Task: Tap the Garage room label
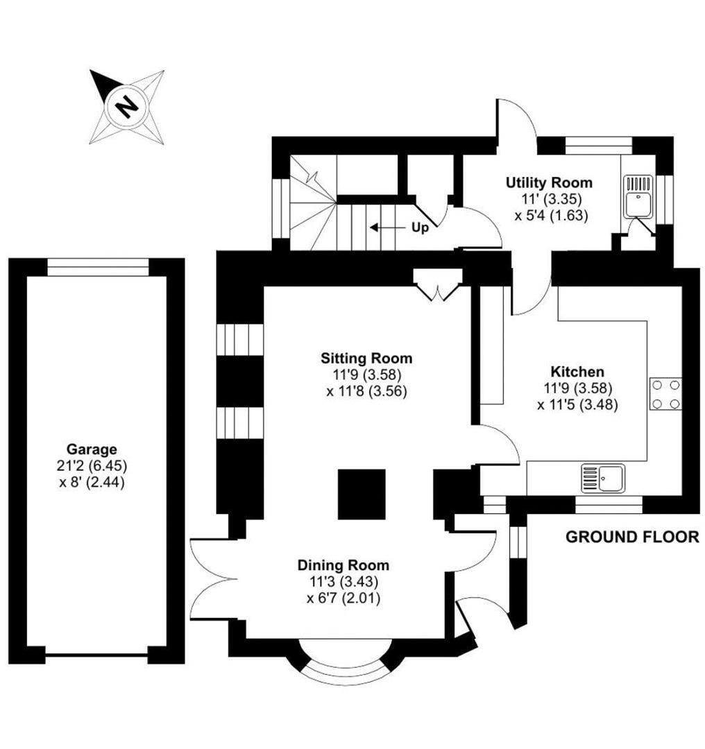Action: pos(92,449)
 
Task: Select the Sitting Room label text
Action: pos(366,359)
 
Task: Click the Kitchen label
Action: pos(577,372)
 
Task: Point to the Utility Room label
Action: pos(549,183)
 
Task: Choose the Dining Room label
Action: pos(343,565)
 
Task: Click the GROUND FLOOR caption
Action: pos(632,537)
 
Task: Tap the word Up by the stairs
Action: pos(421,227)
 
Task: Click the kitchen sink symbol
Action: pos(603,478)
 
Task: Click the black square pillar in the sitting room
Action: pos(362,494)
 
